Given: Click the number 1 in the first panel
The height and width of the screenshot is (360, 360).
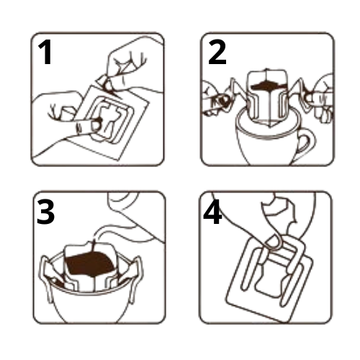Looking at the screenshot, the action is tap(45, 52).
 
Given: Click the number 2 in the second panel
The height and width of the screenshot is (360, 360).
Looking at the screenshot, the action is tap(217, 52).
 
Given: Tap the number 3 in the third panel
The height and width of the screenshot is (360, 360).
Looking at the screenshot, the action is tap(45, 212).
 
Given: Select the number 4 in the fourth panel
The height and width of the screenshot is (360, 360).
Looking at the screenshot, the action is tap(212, 212).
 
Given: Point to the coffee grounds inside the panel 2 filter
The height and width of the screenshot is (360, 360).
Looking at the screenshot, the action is tap(269, 86).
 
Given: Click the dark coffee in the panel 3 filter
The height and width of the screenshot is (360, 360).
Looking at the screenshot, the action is tap(90, 264).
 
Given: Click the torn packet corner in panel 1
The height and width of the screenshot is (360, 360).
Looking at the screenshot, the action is tap(105, 84).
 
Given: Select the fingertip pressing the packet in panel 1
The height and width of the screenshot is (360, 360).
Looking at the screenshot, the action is tap(96, 125).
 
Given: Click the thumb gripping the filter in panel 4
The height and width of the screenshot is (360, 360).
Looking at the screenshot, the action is tap(273, 241).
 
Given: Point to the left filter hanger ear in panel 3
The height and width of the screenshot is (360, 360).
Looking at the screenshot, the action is tap(47, 276).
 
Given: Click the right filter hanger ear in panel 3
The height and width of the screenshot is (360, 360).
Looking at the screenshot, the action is tap(135, 276).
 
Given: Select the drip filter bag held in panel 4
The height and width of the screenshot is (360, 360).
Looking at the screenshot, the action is tap(270, 279).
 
